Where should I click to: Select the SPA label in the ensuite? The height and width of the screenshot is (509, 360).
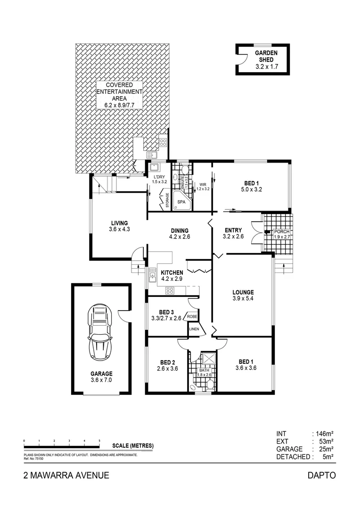point(181,201)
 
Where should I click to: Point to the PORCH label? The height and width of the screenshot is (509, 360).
point(282,231)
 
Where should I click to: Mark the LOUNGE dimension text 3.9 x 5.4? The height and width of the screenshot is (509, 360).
point(243,299)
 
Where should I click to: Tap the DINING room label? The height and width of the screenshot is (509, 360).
point(180,230)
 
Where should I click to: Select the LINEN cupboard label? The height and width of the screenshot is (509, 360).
point(194,329)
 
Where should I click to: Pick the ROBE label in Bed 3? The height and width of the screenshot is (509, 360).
point(192,317)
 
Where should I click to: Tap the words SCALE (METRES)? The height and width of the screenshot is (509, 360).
point(133,445)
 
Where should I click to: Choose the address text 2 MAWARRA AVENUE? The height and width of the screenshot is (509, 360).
point(66,476)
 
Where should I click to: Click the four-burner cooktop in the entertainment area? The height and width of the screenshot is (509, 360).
point(163,141)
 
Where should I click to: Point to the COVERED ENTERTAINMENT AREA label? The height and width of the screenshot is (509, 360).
point(119,95)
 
